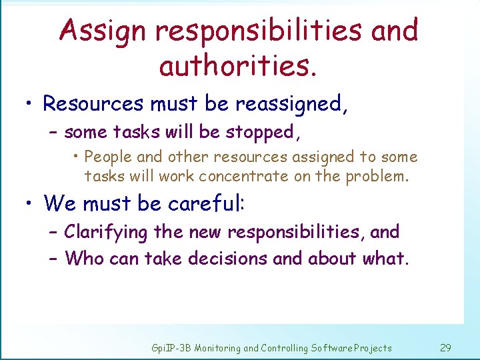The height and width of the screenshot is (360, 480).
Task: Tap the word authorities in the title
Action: coord(232,65)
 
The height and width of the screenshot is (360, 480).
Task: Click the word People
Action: coord(109,157)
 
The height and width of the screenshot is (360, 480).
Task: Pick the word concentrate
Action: coord(245,176)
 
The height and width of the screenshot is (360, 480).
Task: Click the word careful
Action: coord(206,203)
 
